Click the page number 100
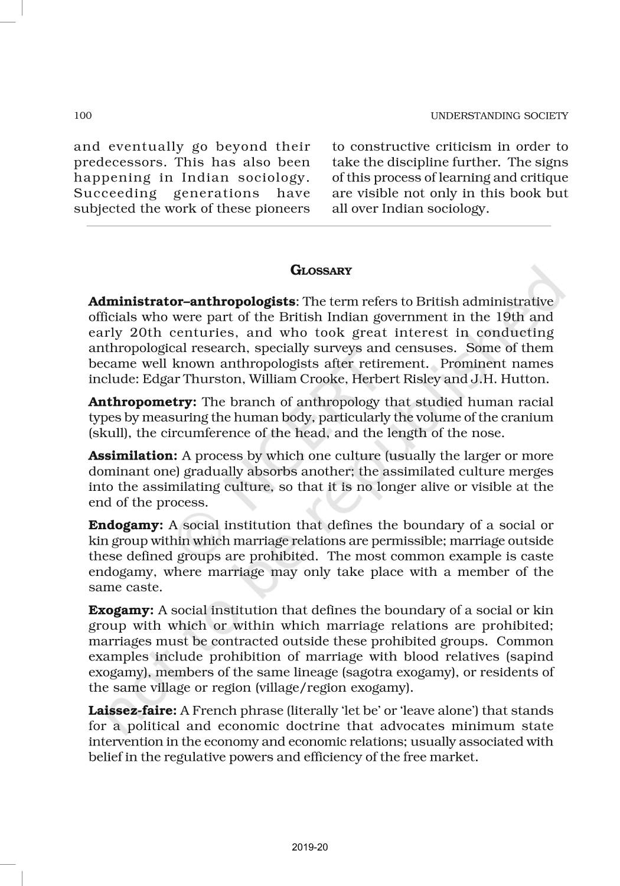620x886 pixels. coord(83,115)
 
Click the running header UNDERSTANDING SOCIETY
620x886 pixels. coord(499,116)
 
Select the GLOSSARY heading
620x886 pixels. coord(321,271)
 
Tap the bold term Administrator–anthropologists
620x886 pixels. coord(192,302)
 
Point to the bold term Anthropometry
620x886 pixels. coord(142,402)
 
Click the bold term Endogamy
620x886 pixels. coord(125,526)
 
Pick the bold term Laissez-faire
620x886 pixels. coord(132,711)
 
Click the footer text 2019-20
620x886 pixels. coord(309,848)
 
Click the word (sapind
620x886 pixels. coord(531,657)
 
